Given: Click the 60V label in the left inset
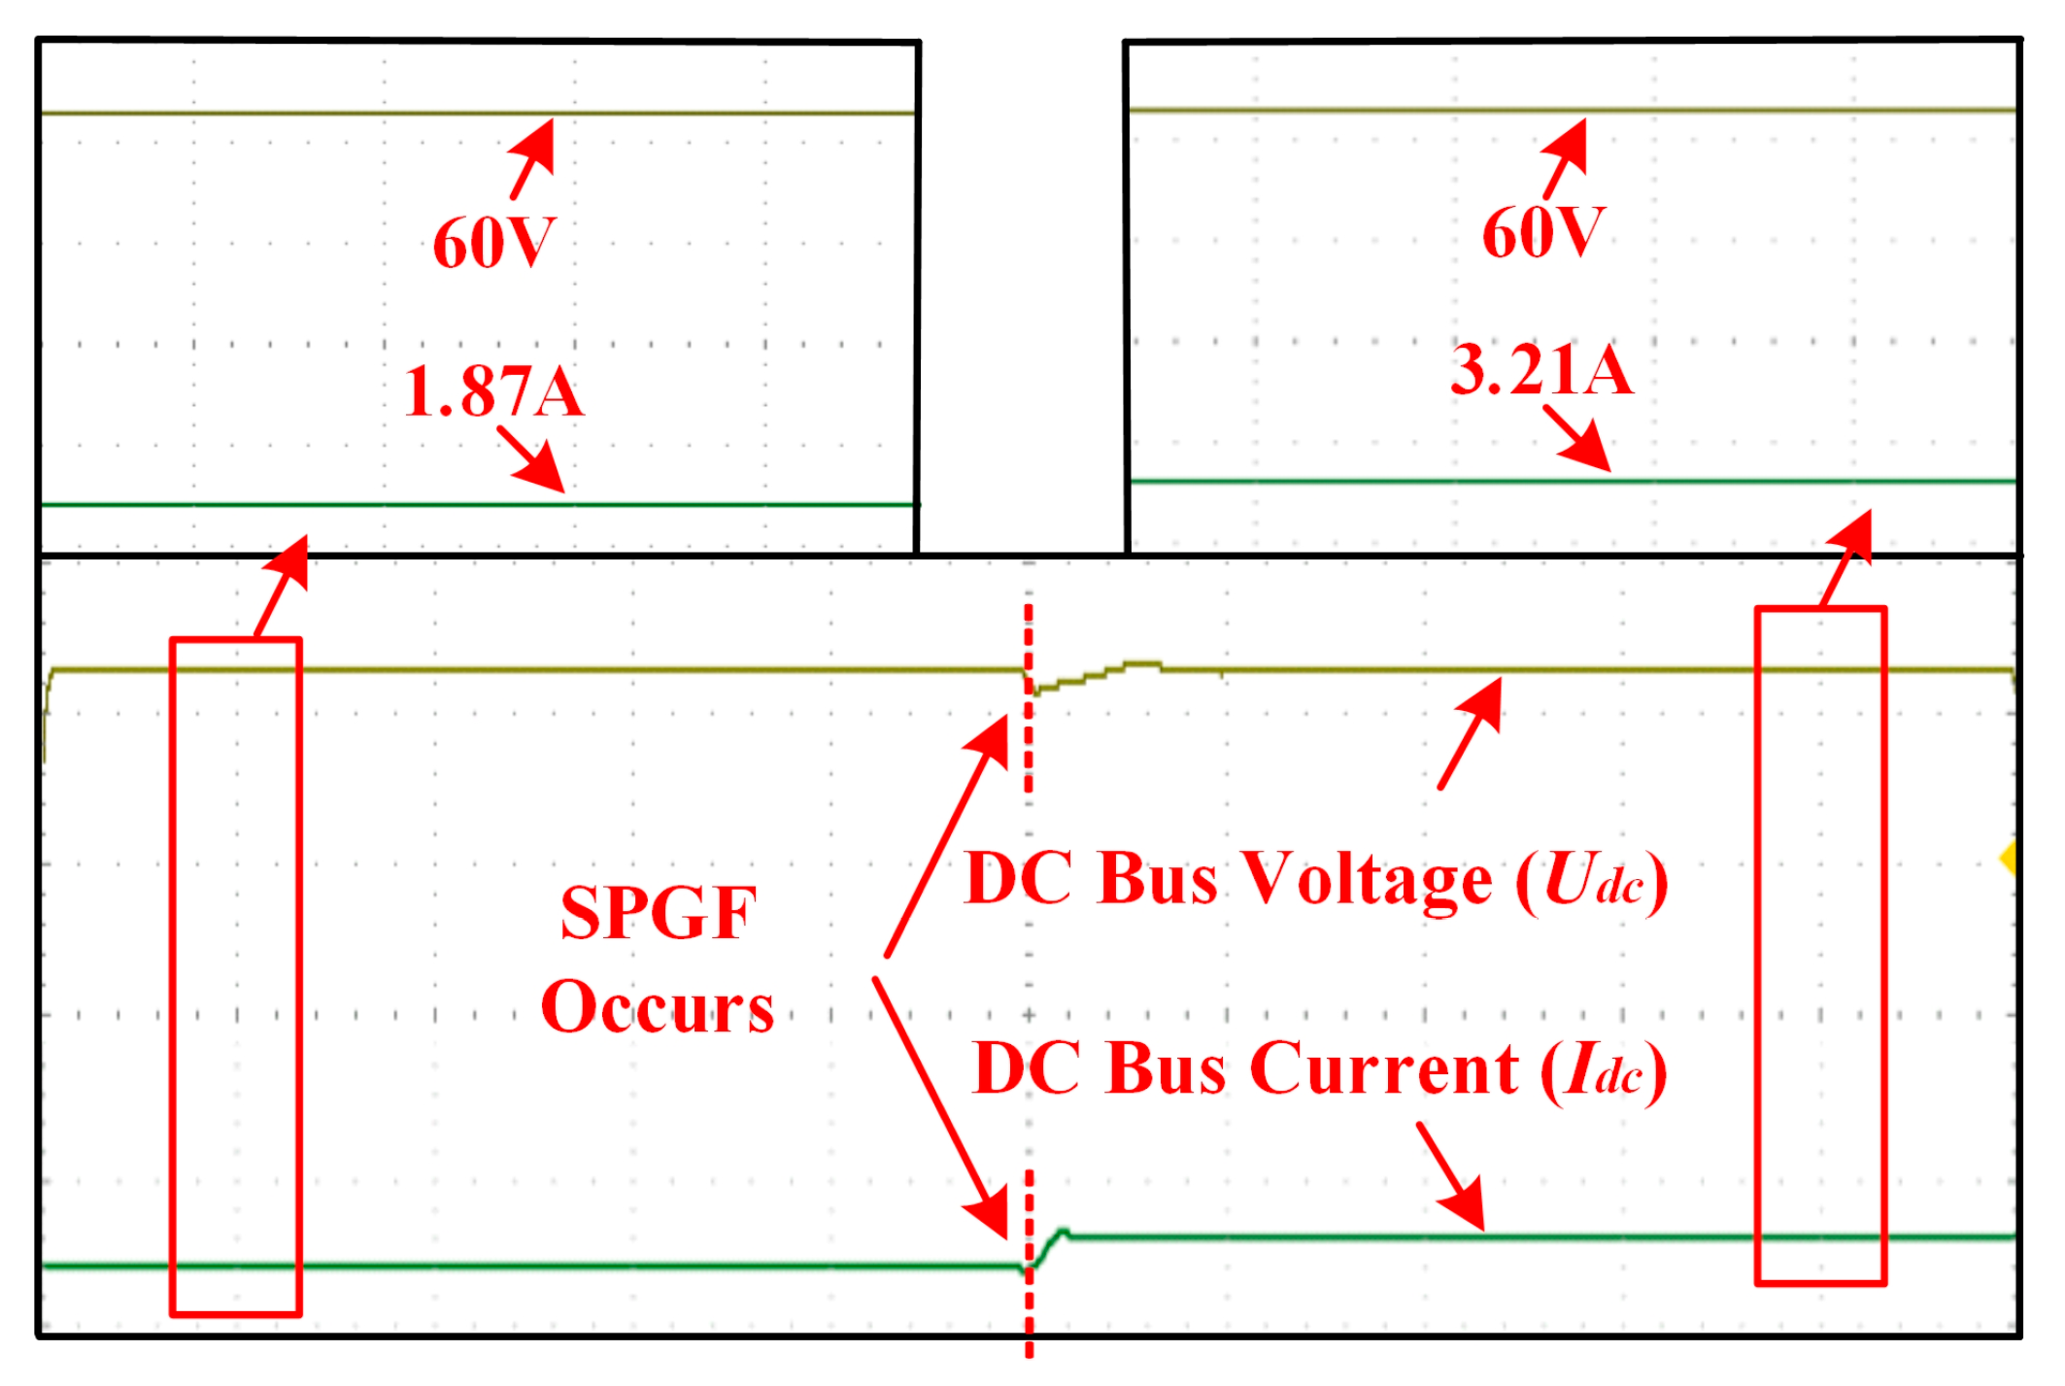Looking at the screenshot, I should coord(494,243).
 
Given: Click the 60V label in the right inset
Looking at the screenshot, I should coord(1543,233).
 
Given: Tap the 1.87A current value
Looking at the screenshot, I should coord(493,391).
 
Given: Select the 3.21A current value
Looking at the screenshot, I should coord(1541,370).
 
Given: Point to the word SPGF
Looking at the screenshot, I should coord(658,913).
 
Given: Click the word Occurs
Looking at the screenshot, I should coord(658,1007).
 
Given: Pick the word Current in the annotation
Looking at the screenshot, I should coord(1383,1068).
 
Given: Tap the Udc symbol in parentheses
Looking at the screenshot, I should coord(1593,881).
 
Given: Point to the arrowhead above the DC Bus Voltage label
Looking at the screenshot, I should coord(1485,699).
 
